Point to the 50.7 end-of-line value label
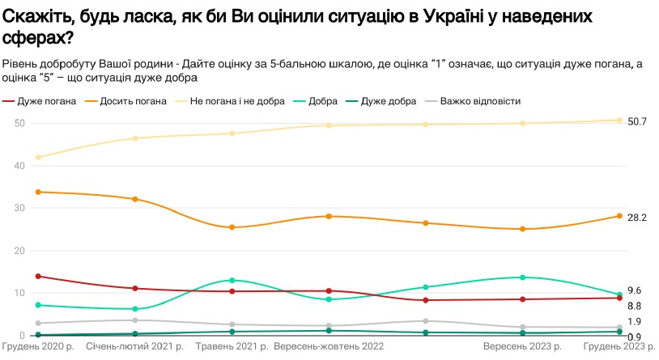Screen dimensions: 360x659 637,121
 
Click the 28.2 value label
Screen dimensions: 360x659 637,217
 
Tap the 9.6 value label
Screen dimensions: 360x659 635,290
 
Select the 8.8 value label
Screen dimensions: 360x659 635,306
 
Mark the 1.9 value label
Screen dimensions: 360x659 635,322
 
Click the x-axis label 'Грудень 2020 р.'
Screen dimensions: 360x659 38,347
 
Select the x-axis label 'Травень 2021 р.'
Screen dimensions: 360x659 232,347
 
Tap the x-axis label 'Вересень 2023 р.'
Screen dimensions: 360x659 522,347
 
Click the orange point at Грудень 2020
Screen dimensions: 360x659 38,192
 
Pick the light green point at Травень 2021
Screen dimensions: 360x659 232,281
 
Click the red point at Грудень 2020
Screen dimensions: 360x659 38,277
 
